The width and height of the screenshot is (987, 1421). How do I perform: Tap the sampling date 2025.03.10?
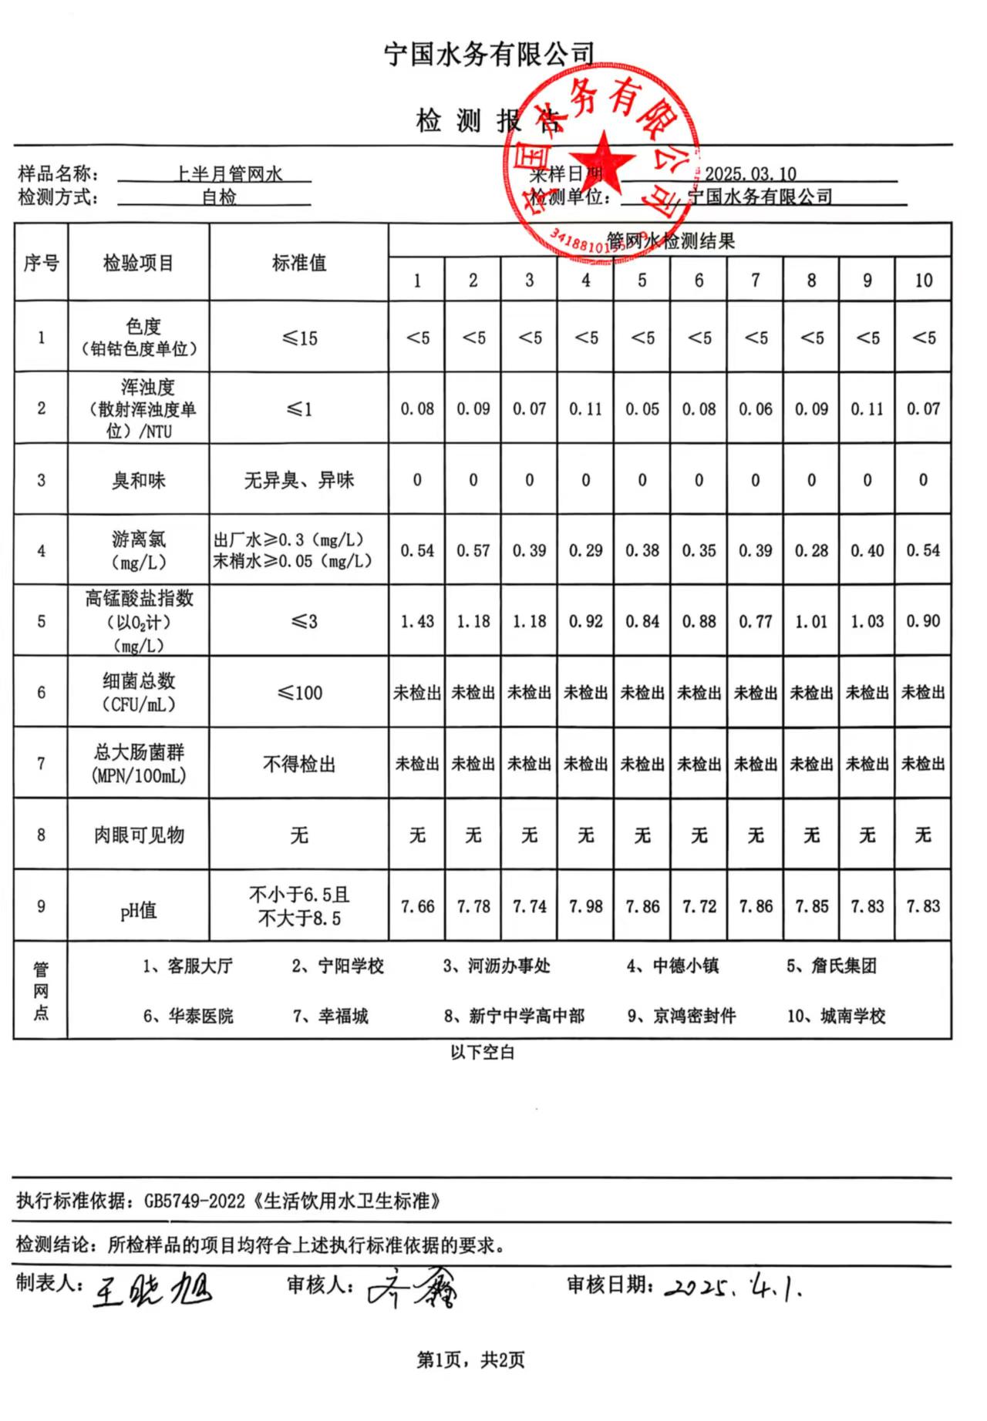coord(750,174)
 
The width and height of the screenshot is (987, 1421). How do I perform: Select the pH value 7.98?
coord(585,906)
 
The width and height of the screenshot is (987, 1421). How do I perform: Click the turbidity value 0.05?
coord(642,409)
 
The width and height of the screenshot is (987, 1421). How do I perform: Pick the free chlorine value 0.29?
coord(585,551)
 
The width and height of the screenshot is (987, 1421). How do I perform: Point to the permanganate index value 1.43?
coord(417,621)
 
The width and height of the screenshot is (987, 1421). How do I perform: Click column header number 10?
coord(923,281)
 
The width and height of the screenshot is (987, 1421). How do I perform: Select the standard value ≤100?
coord(299,693)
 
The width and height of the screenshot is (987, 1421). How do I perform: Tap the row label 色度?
coord(143,327)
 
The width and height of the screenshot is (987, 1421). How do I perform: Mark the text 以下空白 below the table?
coord(482,1053)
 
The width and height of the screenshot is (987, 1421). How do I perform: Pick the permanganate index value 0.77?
coord(755,621)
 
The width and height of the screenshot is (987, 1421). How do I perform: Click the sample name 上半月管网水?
coord(229,174)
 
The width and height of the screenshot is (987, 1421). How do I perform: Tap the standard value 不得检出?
coord(299,764)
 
